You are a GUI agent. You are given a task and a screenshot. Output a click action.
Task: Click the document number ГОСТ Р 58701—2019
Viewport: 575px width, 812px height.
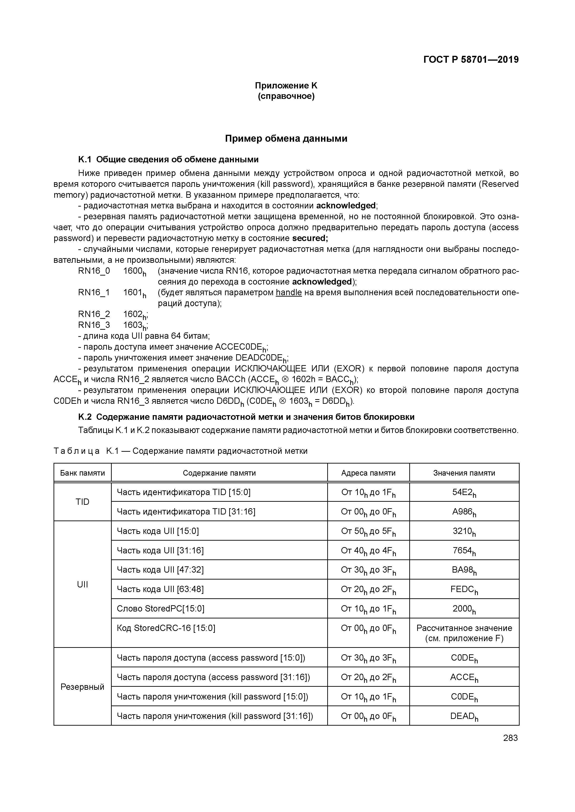click(x=471, y=60)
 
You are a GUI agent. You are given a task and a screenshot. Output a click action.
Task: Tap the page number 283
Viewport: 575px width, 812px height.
click(x=510, y=738)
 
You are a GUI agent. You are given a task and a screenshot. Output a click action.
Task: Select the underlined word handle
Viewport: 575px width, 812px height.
click(x=289, y=292)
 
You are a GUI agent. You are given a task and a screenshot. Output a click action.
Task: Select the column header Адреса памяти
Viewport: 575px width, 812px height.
click(x=368, y=473)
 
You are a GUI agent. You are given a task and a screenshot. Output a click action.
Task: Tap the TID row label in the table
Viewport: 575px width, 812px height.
click(x=83, y=502)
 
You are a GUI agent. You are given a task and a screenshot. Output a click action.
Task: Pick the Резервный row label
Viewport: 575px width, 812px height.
click(x=83, y=687)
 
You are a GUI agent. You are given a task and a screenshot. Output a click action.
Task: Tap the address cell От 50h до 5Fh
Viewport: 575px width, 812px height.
click(x=368, y=531)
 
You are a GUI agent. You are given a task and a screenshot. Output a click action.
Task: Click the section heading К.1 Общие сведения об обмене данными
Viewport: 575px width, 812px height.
click(x=168, y=160)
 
